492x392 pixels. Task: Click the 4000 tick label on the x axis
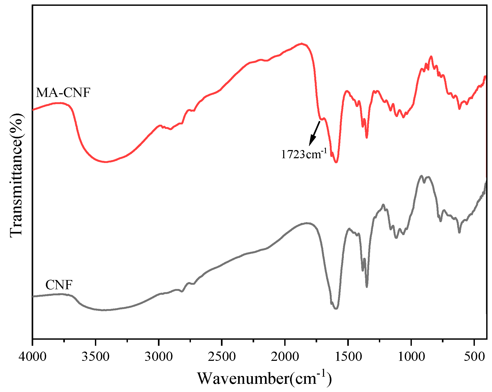point(32,357)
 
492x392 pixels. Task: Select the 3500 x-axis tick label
point(95,357)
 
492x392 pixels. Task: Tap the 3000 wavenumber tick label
point(159,357)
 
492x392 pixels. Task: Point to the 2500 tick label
point(222,357)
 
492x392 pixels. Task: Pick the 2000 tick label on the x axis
point(285,357)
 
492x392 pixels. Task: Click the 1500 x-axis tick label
point(348,357)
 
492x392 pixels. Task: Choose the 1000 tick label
point(411,357)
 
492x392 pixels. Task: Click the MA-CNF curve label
point(63,93)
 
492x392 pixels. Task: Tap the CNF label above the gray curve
point(59,285)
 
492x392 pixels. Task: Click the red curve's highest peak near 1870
point(302,43)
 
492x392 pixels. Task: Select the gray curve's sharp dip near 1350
point(367,287)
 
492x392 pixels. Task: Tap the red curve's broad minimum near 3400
point(105,162)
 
